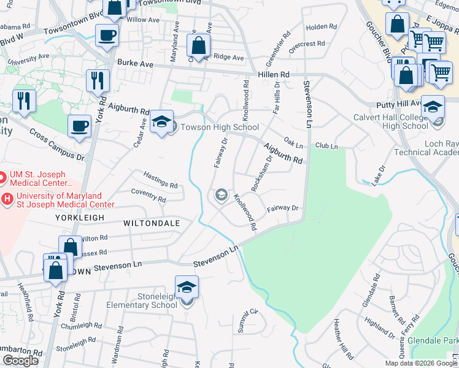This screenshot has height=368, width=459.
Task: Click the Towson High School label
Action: pyautogui.click(x=219, y=127)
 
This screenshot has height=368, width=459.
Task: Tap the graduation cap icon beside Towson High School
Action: pyautogui.click(x=162, y=121)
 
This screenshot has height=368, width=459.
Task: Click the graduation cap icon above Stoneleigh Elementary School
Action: pyautogui.click(x=187, y=286)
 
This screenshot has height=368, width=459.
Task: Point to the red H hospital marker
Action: pyautogui.click(x=7, y=199)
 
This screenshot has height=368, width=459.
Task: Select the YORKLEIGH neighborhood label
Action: pyautogui.click(x=80, y=218)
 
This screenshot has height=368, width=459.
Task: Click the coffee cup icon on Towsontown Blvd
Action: pyautogui.click(x=107, y=35)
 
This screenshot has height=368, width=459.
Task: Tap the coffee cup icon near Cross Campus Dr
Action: pyautogui.click(x=79, y=126)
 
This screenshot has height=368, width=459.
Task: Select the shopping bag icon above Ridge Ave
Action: pyautogui.click(x=198, y=45)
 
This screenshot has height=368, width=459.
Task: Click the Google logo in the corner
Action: pyautogui.click(x=20, y=361)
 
